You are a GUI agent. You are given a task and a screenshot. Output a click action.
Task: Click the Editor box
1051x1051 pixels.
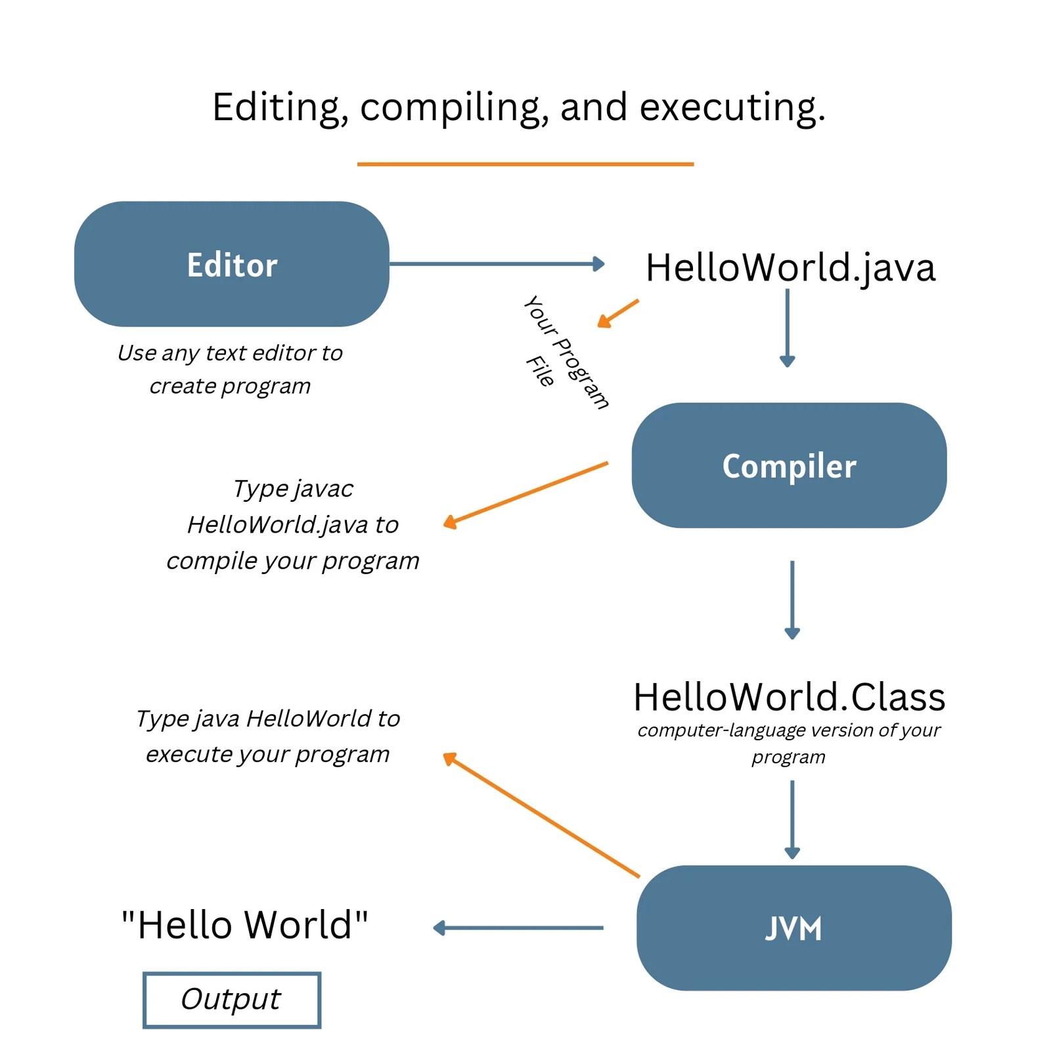click(x=232, y=264)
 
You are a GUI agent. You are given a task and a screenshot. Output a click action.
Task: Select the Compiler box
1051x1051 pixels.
click(x=789, y=465)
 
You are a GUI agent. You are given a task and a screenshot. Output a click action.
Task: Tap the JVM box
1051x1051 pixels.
click(x=794, y=928)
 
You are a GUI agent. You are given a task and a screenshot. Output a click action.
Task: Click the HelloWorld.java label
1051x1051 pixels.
click(x=790, y=268)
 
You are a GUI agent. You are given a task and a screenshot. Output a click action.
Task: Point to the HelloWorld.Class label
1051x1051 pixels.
click(x=789, y=697)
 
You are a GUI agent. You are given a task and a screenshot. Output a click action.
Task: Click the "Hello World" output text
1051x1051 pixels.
click(x=244, y=925)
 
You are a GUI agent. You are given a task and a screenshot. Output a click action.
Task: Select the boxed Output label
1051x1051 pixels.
click(x=231, y=1000)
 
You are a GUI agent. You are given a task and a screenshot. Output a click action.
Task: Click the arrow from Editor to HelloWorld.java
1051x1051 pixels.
click(x=497, y=264)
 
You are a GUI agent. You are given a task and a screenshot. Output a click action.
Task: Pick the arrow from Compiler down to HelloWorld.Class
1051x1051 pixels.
click(x=792, y=599)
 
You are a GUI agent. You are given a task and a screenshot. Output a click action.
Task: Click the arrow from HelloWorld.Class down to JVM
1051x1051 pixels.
click(x=792, y=818)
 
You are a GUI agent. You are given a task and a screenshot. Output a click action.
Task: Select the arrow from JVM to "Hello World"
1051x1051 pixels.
click(x=518, y=928)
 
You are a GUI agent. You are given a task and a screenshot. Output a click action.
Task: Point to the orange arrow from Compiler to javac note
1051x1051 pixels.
click(x=525, y=494)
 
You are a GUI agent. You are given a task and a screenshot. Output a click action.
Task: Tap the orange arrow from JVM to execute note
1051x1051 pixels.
click(x=541, y=815)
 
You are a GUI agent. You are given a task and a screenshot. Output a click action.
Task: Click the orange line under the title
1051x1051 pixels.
click(x=525, y=164)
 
